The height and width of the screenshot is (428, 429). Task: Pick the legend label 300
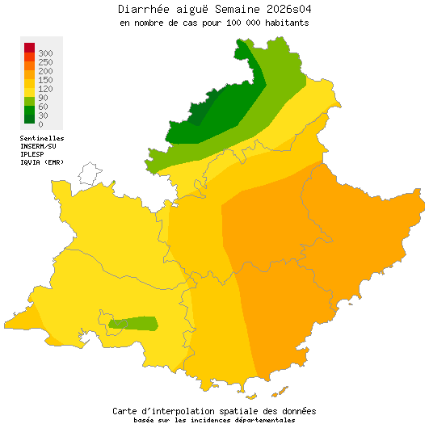pos(45,53)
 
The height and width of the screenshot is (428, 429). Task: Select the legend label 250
pos(45,62)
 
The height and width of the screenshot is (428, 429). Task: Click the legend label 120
pos(45,89)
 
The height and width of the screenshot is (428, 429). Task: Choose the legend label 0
pos(40,124)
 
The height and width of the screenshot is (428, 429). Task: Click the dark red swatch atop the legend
pos(29,48)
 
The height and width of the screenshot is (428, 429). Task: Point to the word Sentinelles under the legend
pos(42,138)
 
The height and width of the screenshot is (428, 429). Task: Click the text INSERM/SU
pos(38,146)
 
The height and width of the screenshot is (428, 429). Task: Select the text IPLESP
pos(32,154)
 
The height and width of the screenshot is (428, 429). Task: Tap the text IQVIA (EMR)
pos(42,162)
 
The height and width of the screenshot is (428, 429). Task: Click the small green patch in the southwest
pos(133,324)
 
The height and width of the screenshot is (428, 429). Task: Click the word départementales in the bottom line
pos(263,420)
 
